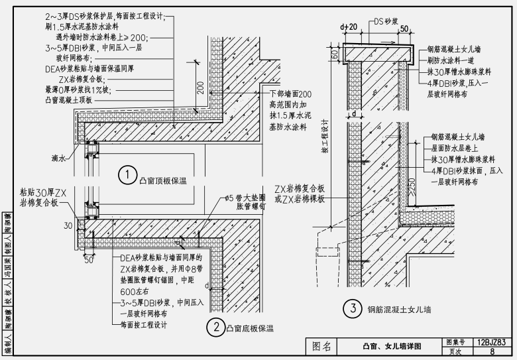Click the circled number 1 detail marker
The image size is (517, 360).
[127, 175]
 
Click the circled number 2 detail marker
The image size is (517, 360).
[215, 327]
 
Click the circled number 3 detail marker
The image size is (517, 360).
[354, 308]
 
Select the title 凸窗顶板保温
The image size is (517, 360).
[163, 178]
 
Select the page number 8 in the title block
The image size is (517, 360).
[492, 352]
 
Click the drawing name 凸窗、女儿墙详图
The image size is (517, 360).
[391, 347]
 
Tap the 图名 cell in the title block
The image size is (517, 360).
[322, 347]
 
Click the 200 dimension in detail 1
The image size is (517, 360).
[200, 86]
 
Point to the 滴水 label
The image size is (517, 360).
[58, 159]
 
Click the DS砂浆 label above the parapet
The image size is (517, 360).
[385, 22]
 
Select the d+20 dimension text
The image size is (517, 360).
[349, 27]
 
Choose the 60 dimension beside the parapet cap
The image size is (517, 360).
[334, 52]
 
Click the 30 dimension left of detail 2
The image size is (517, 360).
[68, 226]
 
